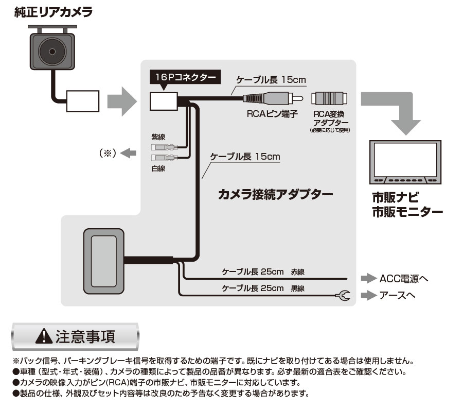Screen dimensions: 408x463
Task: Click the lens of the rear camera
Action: pos(52,52)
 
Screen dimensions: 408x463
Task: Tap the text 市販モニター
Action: pos(407,212)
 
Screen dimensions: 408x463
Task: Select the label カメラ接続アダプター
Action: pos(275,194)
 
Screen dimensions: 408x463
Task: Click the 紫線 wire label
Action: pos(158,137)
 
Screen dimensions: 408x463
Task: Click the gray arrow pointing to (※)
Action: pos(130,152)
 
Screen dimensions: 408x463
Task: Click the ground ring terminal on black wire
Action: pos(344,295)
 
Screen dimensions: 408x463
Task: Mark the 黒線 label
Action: pos(297,288)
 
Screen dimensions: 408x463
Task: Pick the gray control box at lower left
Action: pos(103,262)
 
